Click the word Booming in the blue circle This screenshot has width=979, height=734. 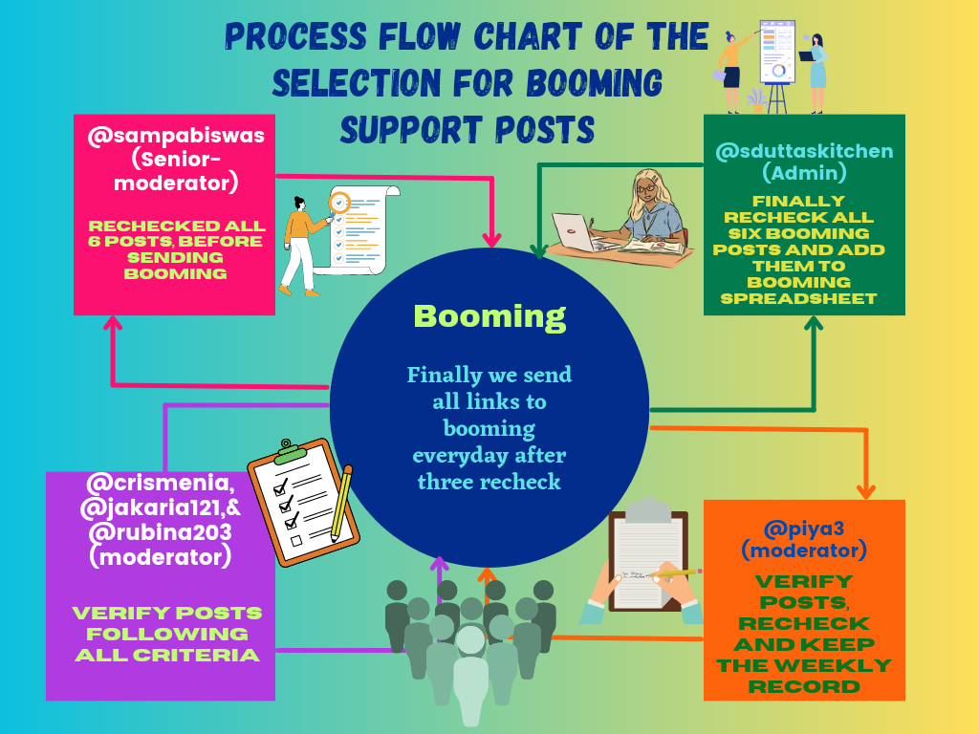point(489,316)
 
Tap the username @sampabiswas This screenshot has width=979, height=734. point(176,137)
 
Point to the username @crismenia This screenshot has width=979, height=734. point(159,480)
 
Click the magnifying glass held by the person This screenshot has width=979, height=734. point(339,203)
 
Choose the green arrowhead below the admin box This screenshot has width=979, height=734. point(815,325)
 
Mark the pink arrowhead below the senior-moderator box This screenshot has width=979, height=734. point(113,325)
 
